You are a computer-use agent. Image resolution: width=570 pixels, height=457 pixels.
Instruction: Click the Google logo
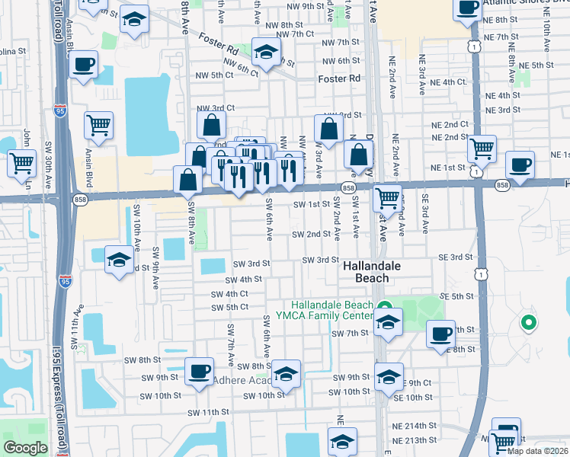pos(24,448)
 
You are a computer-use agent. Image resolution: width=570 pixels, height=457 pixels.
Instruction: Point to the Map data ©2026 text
pos(538,451)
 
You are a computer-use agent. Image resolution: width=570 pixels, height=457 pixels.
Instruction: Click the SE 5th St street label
pos(458,296)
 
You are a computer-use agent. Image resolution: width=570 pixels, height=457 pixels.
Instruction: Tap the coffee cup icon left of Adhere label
pos(199,372)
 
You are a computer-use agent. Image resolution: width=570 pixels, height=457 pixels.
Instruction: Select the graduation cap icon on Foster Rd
pos(266,53)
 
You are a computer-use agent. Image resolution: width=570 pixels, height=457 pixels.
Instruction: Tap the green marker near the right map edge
pos(527,323)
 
